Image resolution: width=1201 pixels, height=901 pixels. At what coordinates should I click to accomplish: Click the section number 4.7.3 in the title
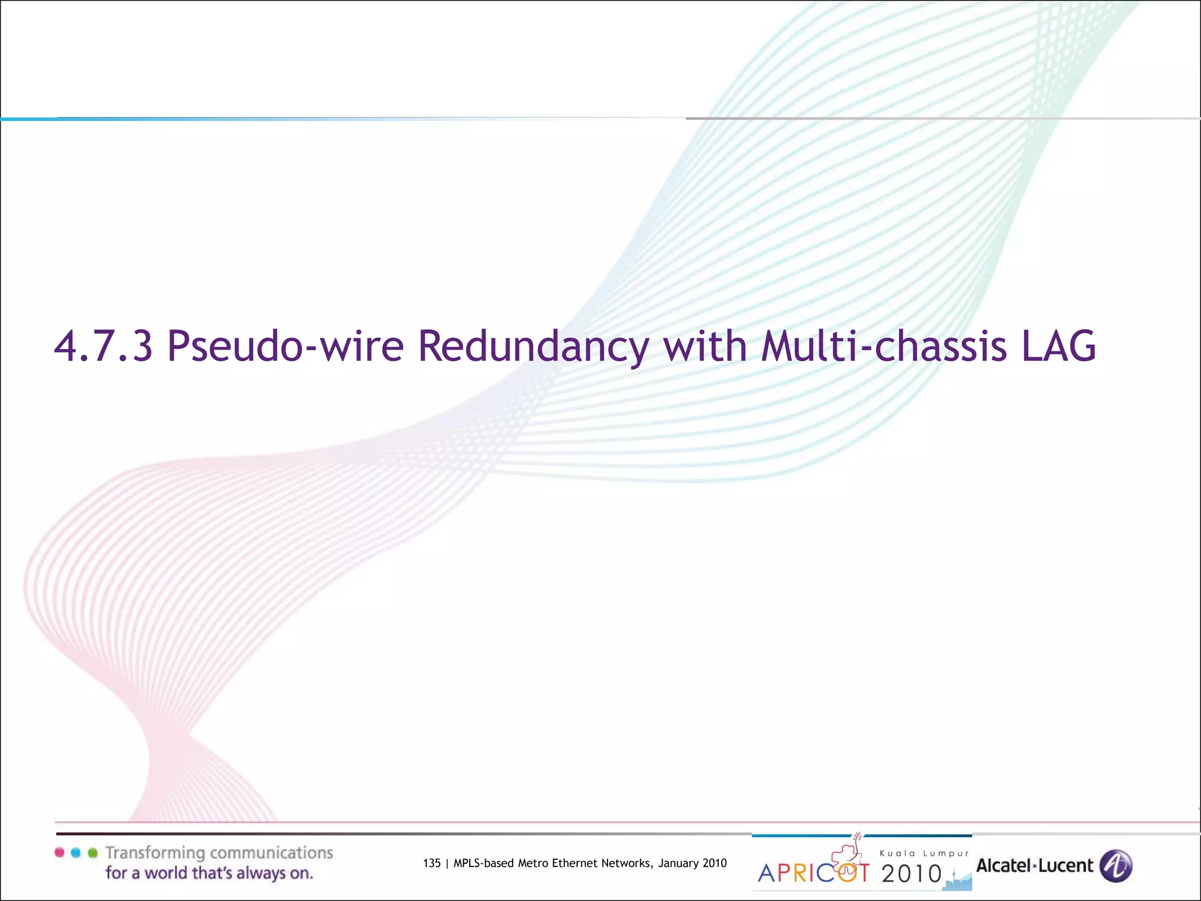[x=103, y=346]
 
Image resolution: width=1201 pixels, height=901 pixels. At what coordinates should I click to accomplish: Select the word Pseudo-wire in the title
[x=285, y=346]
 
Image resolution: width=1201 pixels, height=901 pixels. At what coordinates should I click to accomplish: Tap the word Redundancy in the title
[x=534, y=346]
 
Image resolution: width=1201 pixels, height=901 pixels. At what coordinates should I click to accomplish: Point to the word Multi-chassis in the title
[x=884, y=346]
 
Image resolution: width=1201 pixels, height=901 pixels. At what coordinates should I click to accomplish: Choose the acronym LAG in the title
[x=1058, y=346]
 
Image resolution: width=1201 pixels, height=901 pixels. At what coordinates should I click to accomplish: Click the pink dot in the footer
[x=59, y=852]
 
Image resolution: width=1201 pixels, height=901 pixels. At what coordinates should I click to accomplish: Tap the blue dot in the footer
[x=76, y=852]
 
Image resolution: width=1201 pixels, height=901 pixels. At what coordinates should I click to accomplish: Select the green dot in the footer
[x=92, y=852]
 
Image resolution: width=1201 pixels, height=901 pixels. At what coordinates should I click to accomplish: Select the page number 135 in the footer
[x=432, y=863]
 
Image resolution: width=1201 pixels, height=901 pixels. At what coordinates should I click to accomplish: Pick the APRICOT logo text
[x=814, y=873]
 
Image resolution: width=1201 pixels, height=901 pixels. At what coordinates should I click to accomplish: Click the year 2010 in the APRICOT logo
[x=911, y=874]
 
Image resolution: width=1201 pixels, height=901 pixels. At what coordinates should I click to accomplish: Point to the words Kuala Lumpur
[x=924, y=853]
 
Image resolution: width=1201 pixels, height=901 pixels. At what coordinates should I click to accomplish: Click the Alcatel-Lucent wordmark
[x=1034, y=866]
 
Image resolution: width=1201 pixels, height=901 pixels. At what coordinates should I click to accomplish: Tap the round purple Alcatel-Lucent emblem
[x=1115, y=866]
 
